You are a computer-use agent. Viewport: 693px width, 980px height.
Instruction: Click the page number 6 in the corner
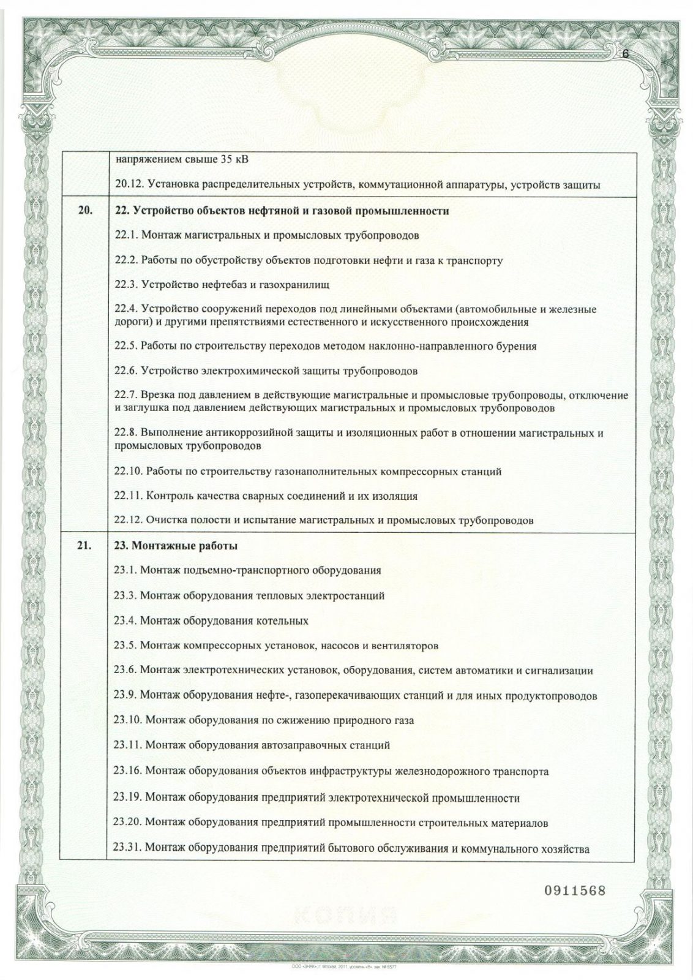pos(625,53)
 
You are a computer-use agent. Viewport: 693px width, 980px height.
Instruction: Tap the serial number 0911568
pos(574,890)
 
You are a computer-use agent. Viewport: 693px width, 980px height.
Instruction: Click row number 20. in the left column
pos(86,211)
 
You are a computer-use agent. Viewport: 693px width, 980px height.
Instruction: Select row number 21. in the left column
pos(86,545)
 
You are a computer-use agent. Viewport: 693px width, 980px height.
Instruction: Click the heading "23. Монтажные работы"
pos(176,545)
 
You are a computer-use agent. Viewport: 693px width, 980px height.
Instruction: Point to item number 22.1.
pos(126,236)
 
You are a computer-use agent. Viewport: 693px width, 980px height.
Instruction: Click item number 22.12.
pos(129,521)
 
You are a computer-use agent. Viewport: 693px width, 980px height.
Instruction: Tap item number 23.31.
pos(129,850)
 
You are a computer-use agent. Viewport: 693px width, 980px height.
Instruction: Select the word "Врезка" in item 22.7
pos(155,396)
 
